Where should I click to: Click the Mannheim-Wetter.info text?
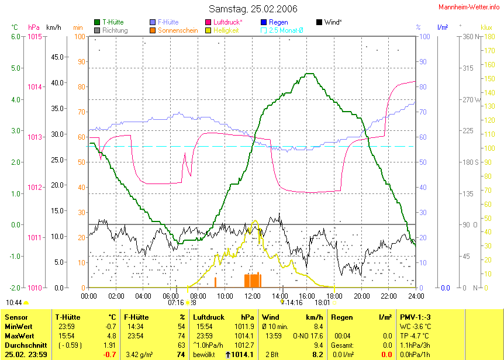(x=471, y=6)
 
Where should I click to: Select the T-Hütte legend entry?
(x=112, y=22)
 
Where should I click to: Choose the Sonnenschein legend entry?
(x=178, y=30)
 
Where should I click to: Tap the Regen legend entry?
(x=278, y=22)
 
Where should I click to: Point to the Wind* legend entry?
(x=333, y=22)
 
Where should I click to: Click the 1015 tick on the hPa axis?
(x=34, y=36)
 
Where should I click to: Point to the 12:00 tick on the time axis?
(x=252, y=296)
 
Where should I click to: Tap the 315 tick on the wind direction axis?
(x=468, y=68)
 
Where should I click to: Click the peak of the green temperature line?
(x=309, y=74)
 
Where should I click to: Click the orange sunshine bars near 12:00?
(x=253, y=280)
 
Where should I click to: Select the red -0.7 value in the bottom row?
(x=109, y=355)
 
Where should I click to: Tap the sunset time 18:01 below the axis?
(x=322, y=303)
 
